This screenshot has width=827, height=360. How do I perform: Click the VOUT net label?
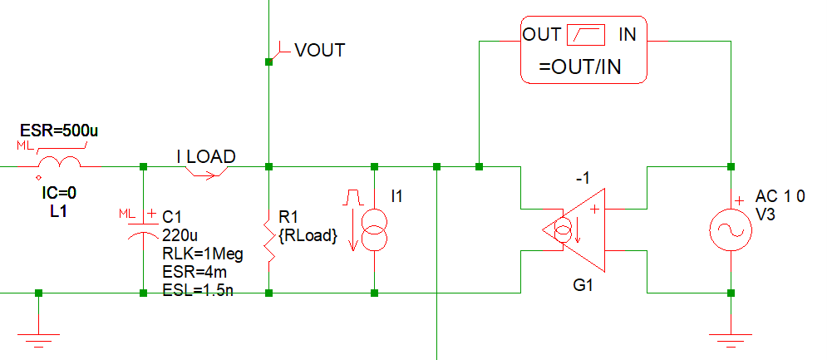[x=319, y=51]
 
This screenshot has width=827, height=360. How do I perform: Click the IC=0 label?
[x=59, y=193]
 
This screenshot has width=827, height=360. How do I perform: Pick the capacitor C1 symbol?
[x=142, y=229]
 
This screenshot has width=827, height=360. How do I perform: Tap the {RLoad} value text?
[x=308, y=237]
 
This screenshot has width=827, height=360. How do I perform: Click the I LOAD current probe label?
[x=205, y=156]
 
